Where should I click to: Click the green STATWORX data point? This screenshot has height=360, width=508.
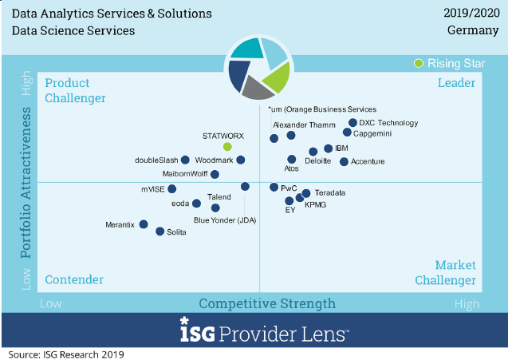[x=227, y=147]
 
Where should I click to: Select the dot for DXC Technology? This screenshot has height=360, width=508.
[x=352, y=123]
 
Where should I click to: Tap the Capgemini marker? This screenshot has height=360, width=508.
[x=347, y=133]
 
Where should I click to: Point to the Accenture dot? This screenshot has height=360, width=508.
[x=344, y=161]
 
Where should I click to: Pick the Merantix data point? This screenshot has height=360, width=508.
[x=144, y=224]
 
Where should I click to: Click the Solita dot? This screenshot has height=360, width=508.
[x=159, y=231]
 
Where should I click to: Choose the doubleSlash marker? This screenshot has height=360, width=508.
[x=185, y=160]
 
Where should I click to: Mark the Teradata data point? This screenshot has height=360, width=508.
[x=305, y=193]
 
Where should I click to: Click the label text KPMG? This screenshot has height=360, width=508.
[x=316, y=205]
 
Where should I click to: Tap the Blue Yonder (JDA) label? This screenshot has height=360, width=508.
[x=225, y=220]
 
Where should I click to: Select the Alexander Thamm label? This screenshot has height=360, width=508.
[x=300, y=125]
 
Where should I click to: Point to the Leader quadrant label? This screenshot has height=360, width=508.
[x=456, y=83]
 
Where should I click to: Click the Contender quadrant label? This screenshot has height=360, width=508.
[x=74, y=279]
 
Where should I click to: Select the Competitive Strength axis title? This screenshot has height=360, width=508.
[x=267, y=303]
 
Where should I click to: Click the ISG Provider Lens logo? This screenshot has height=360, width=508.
[x=264, y=330]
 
